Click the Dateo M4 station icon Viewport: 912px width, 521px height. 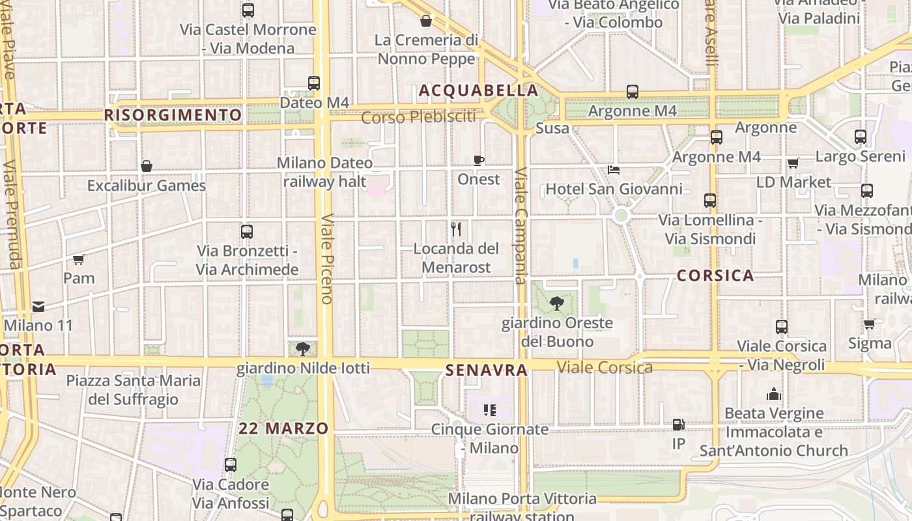314,83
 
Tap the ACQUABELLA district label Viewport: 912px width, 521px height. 479,91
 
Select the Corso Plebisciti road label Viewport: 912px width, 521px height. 418,118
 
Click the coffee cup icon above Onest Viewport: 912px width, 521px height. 479,160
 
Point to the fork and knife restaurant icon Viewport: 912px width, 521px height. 456,229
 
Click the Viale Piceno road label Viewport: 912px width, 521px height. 327,259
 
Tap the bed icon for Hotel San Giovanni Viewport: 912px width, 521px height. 613,170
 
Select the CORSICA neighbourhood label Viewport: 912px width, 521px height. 715,275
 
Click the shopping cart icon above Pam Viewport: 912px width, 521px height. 79,259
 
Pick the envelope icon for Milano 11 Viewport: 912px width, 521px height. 38,306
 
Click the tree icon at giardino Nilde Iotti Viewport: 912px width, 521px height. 302,349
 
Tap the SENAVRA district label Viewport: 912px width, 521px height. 486,371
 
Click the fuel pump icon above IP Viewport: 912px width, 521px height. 678,425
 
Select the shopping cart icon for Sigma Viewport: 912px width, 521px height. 869,324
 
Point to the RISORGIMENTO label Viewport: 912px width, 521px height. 173,115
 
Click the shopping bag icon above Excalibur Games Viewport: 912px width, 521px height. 147,166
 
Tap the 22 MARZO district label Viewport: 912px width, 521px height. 283,429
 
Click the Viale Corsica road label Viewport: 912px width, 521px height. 605,367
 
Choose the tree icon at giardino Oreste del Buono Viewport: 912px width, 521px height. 556,303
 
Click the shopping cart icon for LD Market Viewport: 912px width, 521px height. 793,163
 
